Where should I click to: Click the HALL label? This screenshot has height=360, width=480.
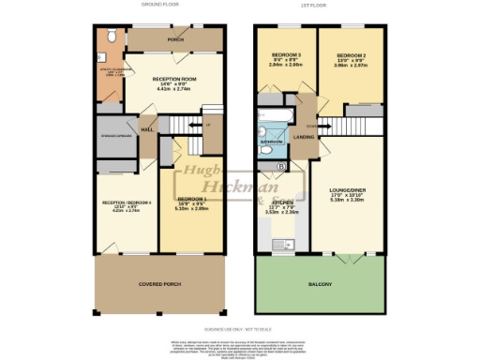148,129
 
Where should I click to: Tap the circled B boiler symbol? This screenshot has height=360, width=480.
281,167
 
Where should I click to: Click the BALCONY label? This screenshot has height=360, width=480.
321,283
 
